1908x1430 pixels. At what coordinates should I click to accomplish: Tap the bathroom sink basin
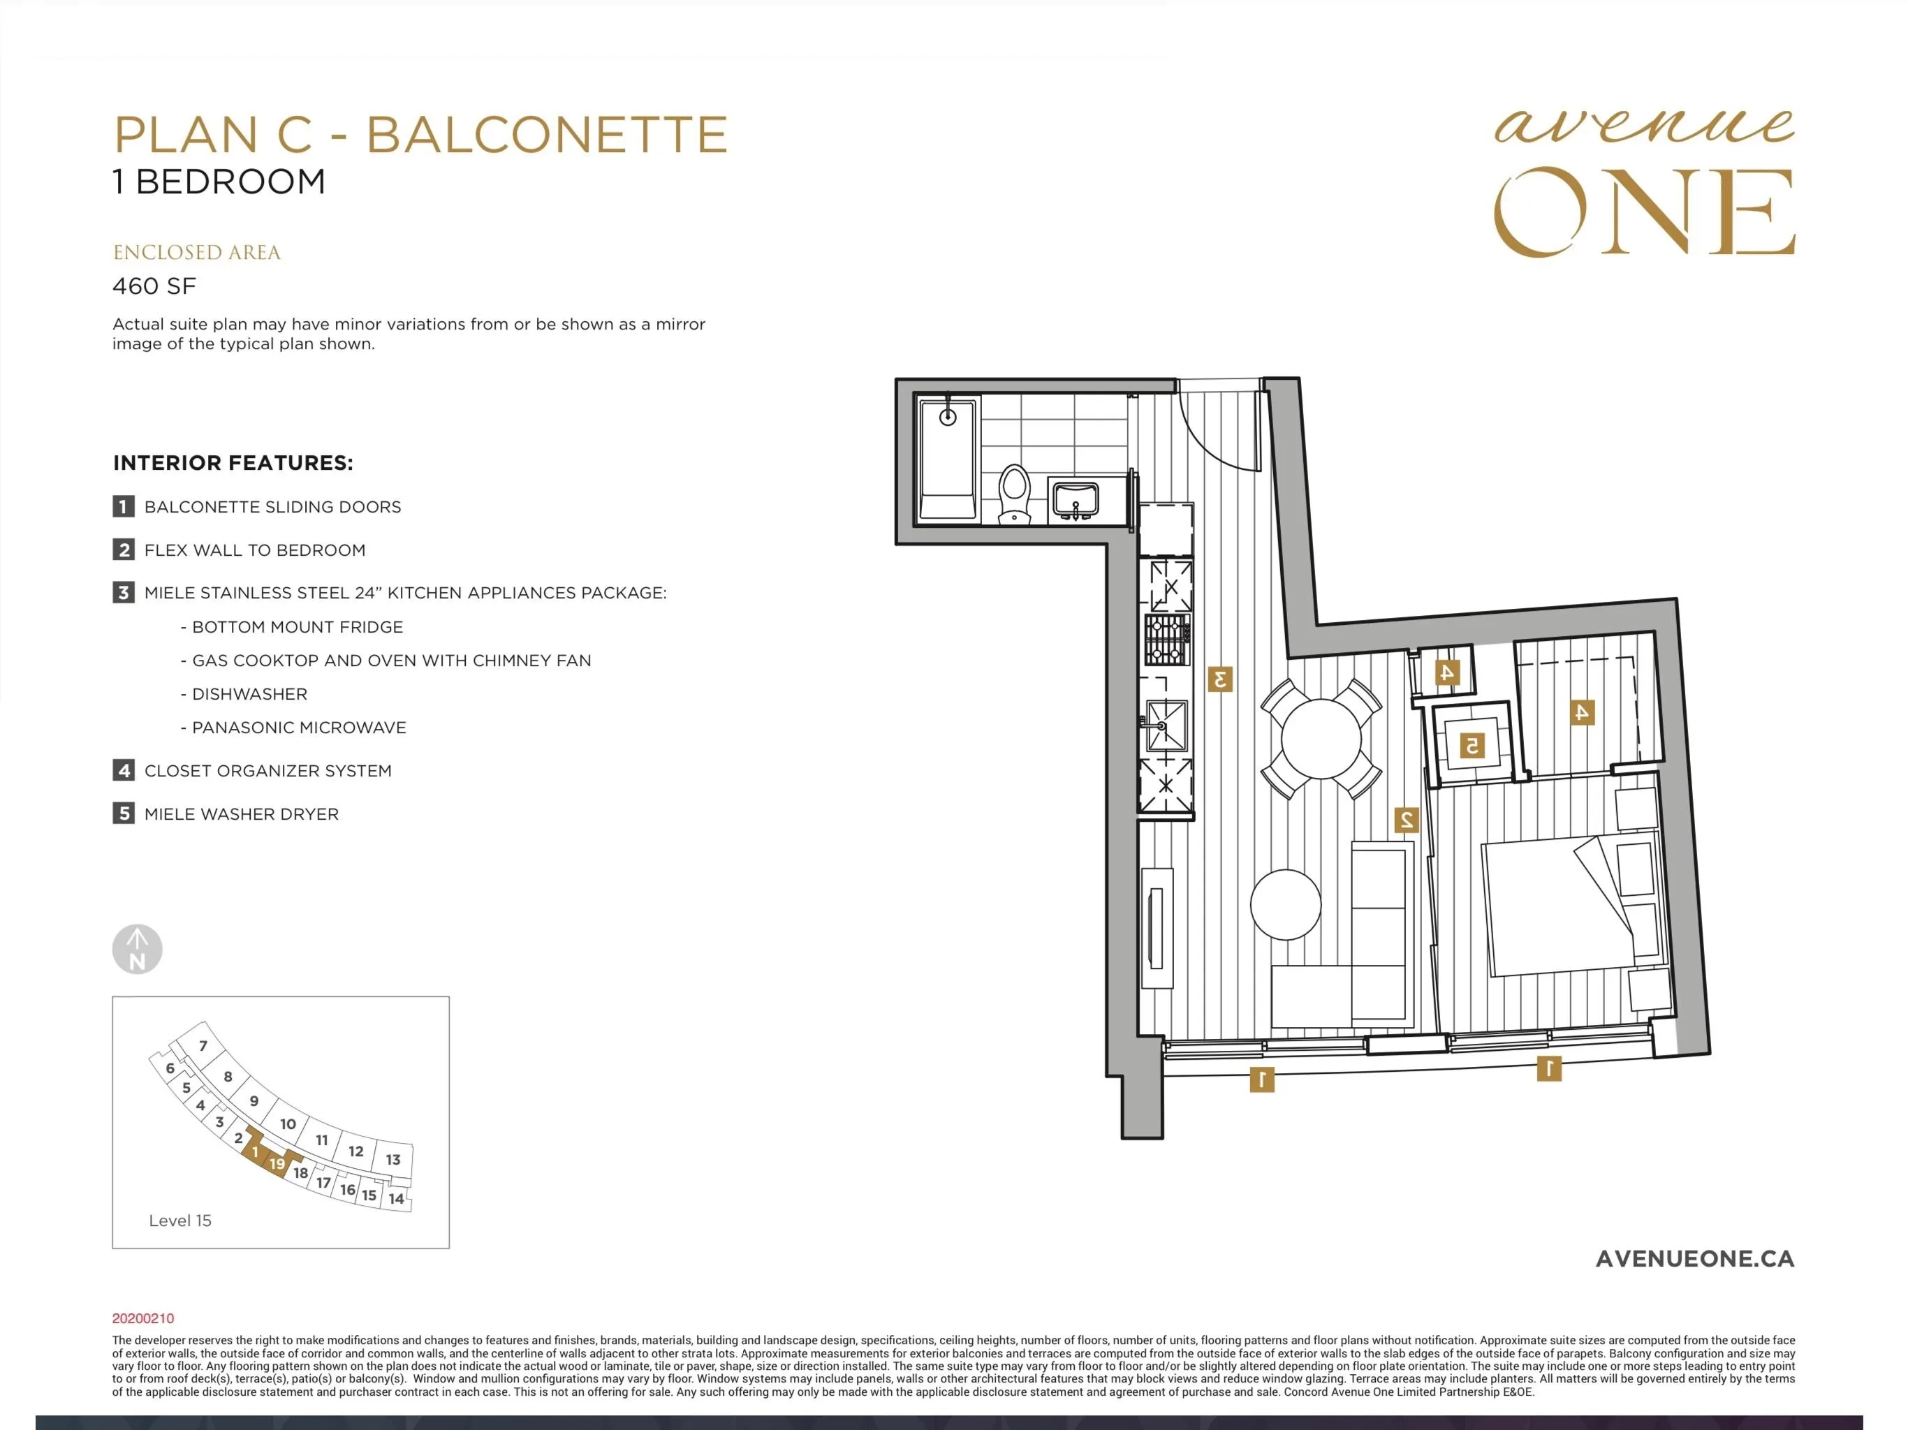1075,499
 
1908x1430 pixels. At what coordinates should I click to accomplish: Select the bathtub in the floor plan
947,459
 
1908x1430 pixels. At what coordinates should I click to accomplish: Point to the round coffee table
1285,905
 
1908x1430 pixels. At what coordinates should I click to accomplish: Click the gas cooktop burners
1167,639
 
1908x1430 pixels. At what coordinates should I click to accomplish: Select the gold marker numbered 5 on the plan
1472,744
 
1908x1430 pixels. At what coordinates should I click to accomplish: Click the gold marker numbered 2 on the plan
1406,819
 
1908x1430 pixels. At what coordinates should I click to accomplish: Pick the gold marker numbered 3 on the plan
1219,679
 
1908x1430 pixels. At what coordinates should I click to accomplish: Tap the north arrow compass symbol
137,949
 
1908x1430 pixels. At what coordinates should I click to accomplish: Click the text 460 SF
154,286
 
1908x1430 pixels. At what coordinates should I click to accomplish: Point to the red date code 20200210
143,1318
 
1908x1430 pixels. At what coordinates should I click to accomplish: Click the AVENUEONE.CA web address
1695,1258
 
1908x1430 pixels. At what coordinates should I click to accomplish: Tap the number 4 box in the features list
124,770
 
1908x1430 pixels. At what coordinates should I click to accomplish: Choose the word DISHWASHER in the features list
249,694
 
